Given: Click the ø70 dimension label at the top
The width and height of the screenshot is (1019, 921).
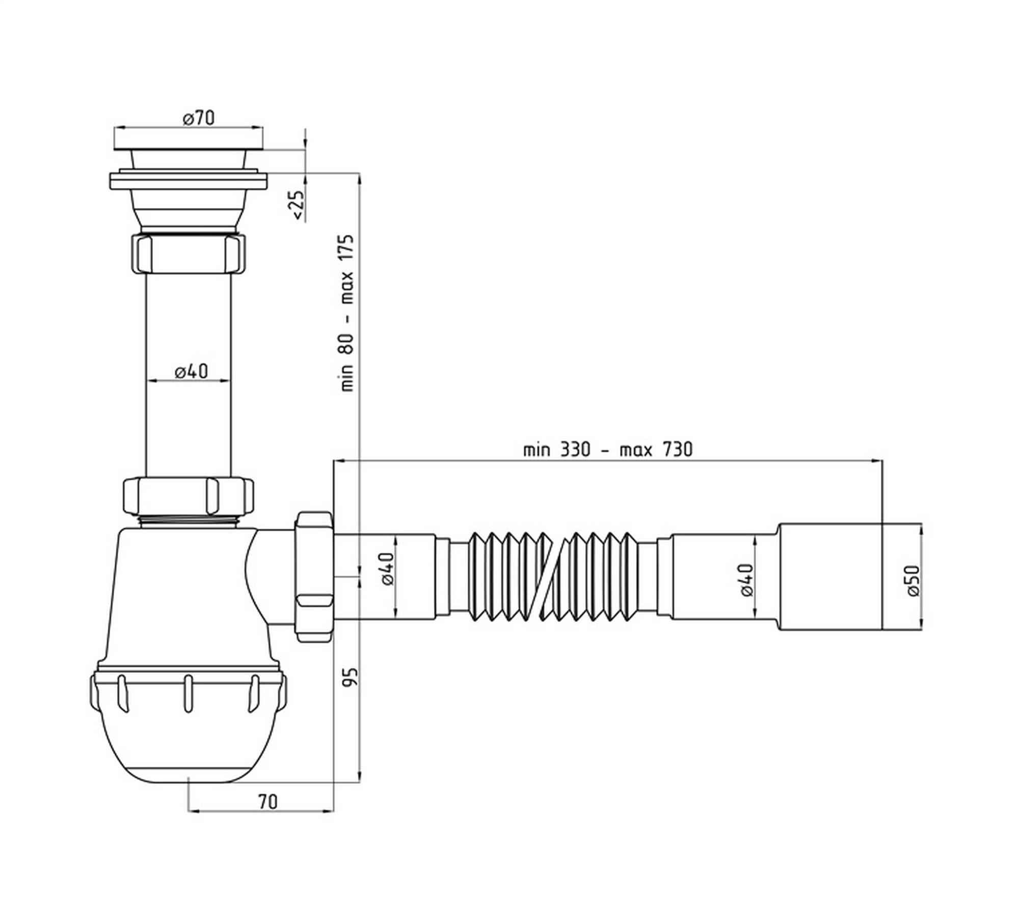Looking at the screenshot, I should (199, 119).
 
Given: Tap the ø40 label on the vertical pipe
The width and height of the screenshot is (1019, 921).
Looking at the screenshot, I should (192, 371).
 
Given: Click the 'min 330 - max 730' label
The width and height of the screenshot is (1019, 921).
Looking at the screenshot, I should (607, 450).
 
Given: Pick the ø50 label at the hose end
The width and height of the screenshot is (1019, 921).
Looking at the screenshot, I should (913, 580).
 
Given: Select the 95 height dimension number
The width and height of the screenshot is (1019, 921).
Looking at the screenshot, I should (352, 678).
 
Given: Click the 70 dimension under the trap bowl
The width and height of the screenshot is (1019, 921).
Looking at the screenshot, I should (268, 802).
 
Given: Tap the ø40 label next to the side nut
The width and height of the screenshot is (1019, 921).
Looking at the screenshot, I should (387, 569).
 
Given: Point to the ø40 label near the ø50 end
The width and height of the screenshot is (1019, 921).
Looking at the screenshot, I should (746, 580).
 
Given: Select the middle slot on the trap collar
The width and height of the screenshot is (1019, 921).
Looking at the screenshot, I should (188, 693).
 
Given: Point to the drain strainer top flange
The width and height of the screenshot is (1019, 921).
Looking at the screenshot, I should (189, 147).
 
